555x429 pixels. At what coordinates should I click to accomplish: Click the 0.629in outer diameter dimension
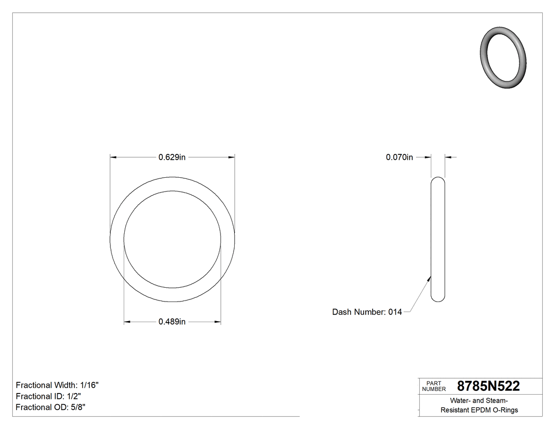(172, 157)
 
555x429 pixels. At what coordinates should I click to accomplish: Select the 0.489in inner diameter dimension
(172, 322)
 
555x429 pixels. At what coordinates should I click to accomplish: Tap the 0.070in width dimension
(399, 157)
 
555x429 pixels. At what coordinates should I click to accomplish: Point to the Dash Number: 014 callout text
(367, 312)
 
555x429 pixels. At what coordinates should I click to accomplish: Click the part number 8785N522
(488, 386)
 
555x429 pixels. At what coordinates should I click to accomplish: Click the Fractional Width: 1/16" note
(57, 385)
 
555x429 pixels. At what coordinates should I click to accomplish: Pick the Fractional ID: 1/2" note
(48, 396)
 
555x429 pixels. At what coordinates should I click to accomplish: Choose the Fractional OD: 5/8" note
(51, 407)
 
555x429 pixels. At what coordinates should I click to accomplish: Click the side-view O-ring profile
(438, 239)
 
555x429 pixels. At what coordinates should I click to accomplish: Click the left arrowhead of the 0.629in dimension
(113, 157)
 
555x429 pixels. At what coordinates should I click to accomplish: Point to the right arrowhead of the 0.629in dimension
(232, 157)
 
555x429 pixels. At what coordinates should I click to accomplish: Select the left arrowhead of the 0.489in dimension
(127, 322)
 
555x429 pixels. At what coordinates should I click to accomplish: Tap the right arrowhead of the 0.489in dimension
(218, 322)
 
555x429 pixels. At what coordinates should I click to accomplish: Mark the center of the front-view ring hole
(172, 239)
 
